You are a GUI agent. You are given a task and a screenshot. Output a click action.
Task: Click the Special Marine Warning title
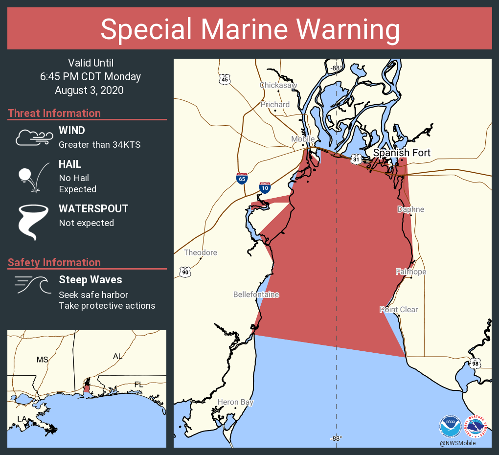249,29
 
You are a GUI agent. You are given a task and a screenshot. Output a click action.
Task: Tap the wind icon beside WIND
33,138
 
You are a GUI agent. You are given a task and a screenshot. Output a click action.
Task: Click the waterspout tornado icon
33,222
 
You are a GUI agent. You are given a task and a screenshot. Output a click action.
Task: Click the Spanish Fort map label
402,153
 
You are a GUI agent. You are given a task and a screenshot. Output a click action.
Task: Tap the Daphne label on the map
410,209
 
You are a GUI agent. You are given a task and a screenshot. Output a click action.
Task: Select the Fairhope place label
410,272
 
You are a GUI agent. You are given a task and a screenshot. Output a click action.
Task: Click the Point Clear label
399,309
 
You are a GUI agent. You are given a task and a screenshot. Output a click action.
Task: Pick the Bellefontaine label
256,295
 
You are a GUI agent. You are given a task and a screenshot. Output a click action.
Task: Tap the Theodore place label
201,252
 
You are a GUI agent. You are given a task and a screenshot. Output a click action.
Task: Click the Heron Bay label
235,402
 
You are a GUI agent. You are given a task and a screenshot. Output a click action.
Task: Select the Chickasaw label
278,85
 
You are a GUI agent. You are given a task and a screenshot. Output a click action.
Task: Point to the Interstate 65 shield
242,179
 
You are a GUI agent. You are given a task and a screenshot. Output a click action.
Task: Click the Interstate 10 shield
265,187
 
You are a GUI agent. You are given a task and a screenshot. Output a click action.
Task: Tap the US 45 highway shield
225,79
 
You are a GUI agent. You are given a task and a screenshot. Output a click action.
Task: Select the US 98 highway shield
475,363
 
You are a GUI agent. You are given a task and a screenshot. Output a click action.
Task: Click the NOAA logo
450,426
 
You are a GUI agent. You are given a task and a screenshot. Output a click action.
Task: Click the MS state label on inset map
43,360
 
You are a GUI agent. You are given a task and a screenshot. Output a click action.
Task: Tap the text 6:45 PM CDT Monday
91,77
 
